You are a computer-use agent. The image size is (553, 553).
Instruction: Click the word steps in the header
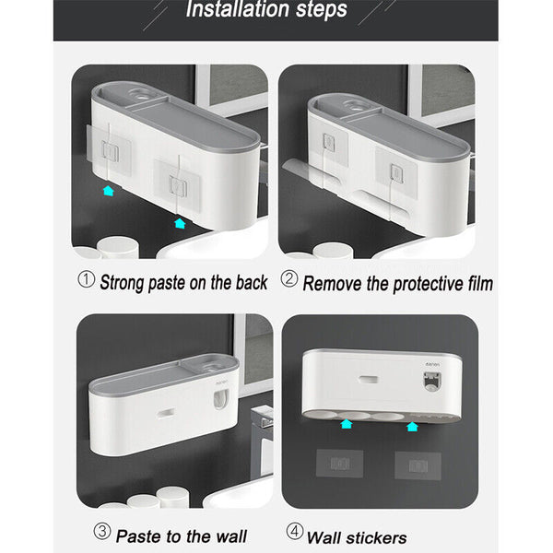pyautogui.click(x=322, y=10)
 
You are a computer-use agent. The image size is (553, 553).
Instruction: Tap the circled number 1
pyautogui.click(x=86, y=279)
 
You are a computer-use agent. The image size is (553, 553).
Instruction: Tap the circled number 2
pyautogui.click(x=289, y=278)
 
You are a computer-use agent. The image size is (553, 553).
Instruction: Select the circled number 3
pyautogui.click(x=102, y=531)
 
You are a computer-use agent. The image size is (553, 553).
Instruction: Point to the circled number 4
pyautogui.click(x=295, y=531)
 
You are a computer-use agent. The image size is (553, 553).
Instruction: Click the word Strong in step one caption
pyautogui.click(x=122, y=283)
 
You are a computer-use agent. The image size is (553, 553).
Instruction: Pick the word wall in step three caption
pyautogui.click(x=231, y=536)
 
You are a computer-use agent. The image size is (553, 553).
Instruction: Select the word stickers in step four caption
pyautogui.click(x=376, y=538)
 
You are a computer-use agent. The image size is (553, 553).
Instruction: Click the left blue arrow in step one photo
pyautogui.click(x=109, y=191)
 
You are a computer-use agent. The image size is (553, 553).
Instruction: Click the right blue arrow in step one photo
pyautogui.click(x=180, y=223)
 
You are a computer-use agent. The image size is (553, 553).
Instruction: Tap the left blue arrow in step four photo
pyautogui.click(x=347, y=424)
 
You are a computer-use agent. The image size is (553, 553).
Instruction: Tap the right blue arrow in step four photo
pyautogui.click(x=412, y=427)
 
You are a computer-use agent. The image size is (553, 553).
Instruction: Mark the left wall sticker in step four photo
pyautogui.click(x=339, y=464)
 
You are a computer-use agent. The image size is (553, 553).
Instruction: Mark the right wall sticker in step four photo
pyautogui.click(x=418, y=465)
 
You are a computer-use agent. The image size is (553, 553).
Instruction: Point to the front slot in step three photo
pyautogui.click(x=166, y=413)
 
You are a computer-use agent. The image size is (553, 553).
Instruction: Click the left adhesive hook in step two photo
pyautogui.click(x=329, y=143)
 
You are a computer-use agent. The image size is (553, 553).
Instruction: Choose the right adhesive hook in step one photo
pyautogui.click(x=178, y=185)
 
